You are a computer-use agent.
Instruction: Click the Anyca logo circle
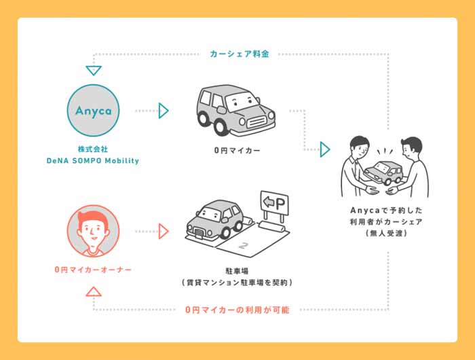[94, 111]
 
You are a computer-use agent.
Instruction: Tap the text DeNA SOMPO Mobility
[93, 161]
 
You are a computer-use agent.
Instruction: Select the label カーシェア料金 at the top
[240, 54]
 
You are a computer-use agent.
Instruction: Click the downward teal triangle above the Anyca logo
[94, 71]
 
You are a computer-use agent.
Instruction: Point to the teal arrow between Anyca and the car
[164, 111]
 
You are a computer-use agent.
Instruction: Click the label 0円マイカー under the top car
[237, 150]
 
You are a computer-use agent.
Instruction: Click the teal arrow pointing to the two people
[325, 149]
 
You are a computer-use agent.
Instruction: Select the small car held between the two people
[383, 173]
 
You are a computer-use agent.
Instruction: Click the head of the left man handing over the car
[360, 147]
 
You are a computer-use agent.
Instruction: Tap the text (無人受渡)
[386, 233]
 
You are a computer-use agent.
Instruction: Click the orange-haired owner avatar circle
[94, 231]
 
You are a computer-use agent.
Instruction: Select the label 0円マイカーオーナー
[93, 270]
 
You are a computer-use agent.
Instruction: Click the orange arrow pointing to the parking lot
[164, 232]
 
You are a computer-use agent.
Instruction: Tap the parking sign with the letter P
[274, 203]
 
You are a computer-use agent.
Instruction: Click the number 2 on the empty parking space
[243, 245]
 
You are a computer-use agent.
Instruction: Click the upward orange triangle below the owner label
[94, 291]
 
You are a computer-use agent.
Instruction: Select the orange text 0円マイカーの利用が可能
[237, 310]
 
